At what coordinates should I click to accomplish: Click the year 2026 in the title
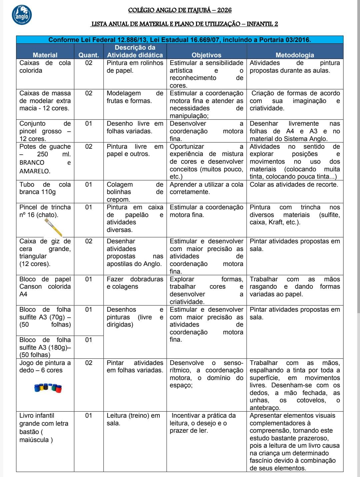[x=224, y=10]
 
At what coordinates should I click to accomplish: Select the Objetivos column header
[x=206, y=55]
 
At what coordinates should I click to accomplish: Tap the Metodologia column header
[x=295, y=55]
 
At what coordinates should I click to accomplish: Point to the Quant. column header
[x=88, y=55]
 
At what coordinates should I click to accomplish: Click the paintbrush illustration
[x=53, y=227]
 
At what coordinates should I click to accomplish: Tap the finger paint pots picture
[x=48, y=388]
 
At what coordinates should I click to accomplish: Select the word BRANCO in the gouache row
[x=32, y=163]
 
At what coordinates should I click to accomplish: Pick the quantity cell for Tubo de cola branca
[x=88, y=184]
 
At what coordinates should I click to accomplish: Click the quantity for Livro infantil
[x=88, y=415]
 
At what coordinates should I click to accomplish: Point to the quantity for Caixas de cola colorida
[x=88, y=63]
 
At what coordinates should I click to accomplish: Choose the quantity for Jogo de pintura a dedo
[x=88, y=363]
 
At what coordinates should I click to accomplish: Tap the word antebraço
[x=265, y=408]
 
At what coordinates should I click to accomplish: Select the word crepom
[x=118, y=200]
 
